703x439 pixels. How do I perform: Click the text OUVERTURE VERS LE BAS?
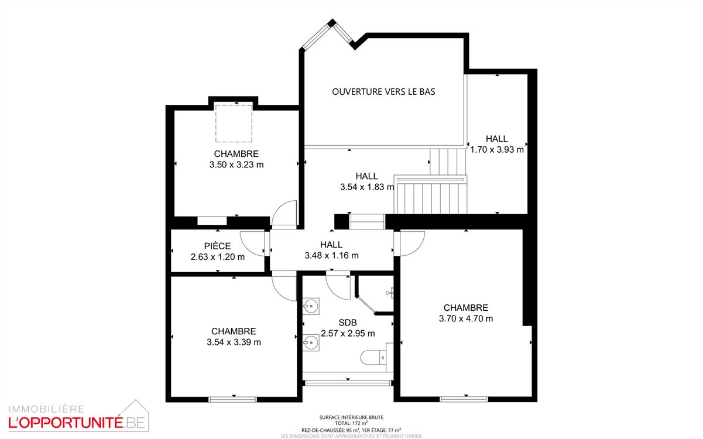[x=383, y=92]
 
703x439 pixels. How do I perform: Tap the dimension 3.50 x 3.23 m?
[x=236, y=165]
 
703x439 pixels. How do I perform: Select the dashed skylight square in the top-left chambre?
[x=234, y=123]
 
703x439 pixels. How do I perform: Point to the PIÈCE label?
[x=217, y=246]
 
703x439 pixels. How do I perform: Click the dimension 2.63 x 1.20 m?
[x=217, y=256]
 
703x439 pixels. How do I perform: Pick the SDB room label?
[x=348, y=323]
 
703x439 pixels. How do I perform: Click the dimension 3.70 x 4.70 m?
[x=465, y=318]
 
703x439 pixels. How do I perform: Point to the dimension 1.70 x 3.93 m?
[x=496, y=149]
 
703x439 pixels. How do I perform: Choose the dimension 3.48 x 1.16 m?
[x=331, y=255]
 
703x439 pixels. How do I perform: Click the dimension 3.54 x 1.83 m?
[x=366, y=187]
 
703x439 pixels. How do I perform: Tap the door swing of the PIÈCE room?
[x=254, y=242]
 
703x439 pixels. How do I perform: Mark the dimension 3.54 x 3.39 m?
[x=234, y=342]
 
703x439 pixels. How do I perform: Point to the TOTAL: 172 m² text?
[x=351, y=423]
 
